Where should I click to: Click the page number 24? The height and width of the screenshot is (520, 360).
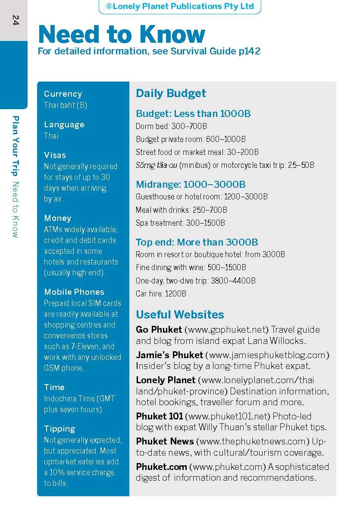tap(16, 20)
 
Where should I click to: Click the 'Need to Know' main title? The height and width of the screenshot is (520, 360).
tap(122, 35)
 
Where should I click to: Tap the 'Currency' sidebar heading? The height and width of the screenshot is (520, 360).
tap(63, 94)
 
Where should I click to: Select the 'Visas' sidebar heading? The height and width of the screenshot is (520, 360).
tap(55, 155)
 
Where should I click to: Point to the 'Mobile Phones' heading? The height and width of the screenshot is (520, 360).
tap(74, 292)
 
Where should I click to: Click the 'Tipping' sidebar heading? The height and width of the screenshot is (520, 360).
tap(59, 429)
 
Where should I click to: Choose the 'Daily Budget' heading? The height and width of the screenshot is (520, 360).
tap(171, 93)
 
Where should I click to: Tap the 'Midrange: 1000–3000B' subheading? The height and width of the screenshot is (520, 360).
tap(191, 185)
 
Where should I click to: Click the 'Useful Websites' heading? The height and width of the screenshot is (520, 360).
tap(180, 314)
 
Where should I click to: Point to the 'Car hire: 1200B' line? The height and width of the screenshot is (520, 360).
tap(161, 293)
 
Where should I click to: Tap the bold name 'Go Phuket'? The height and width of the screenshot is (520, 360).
tap(159, 330)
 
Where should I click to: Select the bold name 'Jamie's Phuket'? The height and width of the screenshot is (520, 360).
tap(169, 355)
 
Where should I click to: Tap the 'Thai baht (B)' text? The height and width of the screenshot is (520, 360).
tap(66, 105)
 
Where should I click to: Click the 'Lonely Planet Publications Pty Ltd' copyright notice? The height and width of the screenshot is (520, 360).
tap(180, 6)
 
